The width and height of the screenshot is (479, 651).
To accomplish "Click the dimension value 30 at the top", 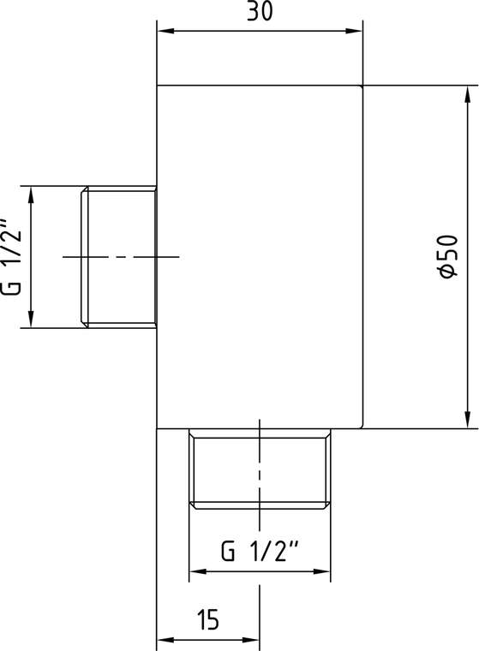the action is tap(260, 11).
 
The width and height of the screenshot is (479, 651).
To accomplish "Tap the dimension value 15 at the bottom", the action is tap(207, 620).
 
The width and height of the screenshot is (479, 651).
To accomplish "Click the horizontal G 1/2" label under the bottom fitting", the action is tap(260, 551).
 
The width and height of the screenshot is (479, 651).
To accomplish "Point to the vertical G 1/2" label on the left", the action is tap(10, 256).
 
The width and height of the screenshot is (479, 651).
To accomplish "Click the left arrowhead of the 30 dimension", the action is tap(165, 31).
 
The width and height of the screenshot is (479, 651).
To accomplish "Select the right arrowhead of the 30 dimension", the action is tap(354, 31).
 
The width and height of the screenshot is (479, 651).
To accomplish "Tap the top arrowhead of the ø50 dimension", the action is tap(468, 94).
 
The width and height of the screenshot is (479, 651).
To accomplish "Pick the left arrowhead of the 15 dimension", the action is tap(165, 640).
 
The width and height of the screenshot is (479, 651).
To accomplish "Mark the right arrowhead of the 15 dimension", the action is tap(251, 640).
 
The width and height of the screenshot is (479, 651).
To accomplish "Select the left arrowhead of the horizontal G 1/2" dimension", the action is tap(198, 571).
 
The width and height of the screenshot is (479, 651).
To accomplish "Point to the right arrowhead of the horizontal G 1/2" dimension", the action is tap(322, 571).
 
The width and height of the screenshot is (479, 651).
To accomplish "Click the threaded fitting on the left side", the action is tap(118, 257).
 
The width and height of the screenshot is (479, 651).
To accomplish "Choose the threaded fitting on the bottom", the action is tap(260, 469).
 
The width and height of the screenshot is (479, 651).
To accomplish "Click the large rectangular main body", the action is tap(260, 257).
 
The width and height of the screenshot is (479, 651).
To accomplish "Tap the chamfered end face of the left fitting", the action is tap(84, 257).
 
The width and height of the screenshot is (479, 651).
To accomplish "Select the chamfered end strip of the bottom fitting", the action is tap(260, 505).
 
